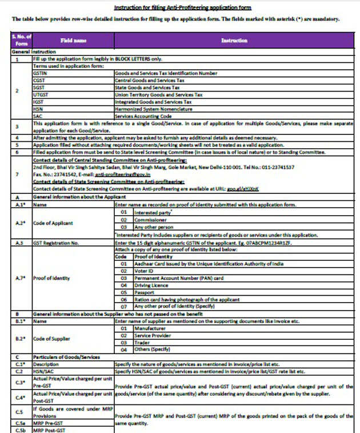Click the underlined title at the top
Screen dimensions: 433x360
pos(183,7)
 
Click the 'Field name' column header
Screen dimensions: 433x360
pos(73,41)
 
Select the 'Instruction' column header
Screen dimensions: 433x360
pos(234,41)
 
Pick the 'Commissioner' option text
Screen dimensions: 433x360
pos(150,220)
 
